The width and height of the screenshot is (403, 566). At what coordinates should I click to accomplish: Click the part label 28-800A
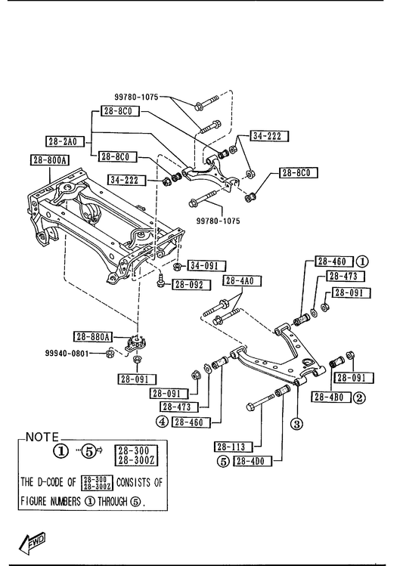coord(50,160)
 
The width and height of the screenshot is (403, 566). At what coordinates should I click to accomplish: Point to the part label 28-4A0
coord(242,281)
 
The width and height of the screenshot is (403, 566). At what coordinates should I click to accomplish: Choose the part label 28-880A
coord(93,337)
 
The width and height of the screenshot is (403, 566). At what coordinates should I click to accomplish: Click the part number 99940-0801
coord(67,354)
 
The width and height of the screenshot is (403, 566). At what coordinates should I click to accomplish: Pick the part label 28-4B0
coord(331,397)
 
